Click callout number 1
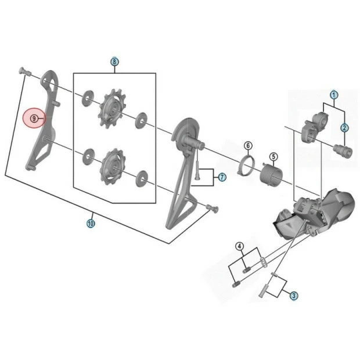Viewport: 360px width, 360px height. [x=334, y=95]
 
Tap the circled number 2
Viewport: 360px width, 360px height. [x=344, y=128]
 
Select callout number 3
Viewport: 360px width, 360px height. [x=294, y=296]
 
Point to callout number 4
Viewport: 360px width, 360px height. [x=239, y=246]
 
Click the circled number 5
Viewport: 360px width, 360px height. [x=273, y=157]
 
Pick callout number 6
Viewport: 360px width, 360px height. [x=248, y=146]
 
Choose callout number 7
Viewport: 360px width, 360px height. [x=222, y=177]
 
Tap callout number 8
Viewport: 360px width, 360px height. [x=114, y=62]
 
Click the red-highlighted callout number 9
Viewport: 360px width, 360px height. [x=34, y=118]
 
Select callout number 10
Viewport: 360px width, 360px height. [x=91, y=223]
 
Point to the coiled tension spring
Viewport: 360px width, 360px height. [x=271, y=175]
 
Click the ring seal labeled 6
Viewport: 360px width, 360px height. [x=246, y=165]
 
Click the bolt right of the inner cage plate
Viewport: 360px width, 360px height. [x=213, y=208]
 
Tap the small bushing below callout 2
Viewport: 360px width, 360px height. [x=343, y=151]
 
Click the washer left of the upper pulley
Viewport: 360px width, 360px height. [x=88, y=98]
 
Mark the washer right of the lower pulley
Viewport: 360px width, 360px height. [x=142, y=179]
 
